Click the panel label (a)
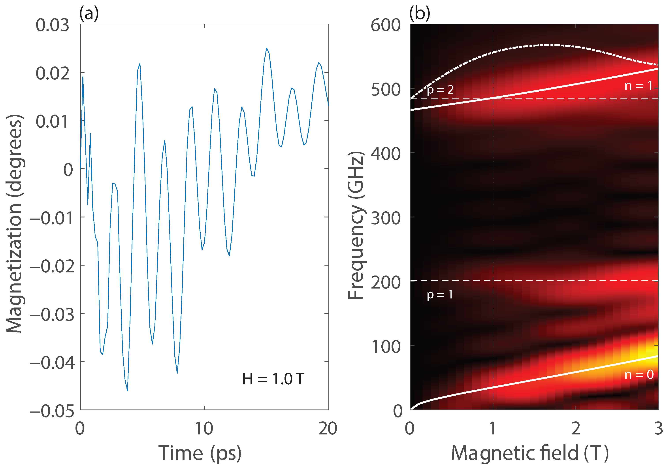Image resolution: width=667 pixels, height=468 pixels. (89, 14)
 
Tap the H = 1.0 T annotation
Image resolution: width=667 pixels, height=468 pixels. (273, 379)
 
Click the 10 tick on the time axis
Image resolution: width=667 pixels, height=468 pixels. (204, 428)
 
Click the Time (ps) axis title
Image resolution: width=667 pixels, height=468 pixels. (200, 453)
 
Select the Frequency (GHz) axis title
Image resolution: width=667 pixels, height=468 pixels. (356, 225)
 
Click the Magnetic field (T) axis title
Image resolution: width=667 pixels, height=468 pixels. (529, 453)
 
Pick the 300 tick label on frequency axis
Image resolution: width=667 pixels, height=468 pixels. (386, 218)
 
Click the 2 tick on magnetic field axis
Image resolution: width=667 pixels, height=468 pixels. (575, 428)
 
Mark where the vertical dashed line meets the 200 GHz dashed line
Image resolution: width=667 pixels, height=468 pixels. (493, 281)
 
